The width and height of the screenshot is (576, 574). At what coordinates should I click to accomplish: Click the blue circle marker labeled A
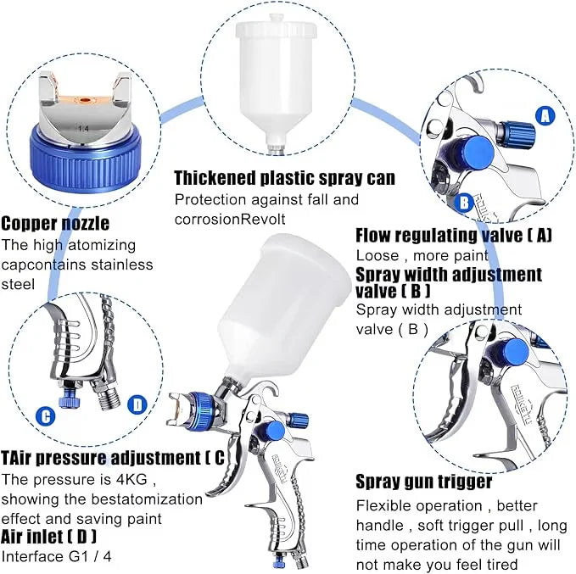pyautogui.click(x=545, y=114)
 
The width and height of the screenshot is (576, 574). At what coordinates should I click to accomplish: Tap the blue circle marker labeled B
pyautogui.click(x=464, y=203)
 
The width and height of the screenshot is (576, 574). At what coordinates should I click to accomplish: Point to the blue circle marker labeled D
pyautogui.click(x=139, y=405)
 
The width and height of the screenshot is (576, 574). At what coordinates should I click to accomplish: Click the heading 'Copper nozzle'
pyautogui.click(x=54, y=224)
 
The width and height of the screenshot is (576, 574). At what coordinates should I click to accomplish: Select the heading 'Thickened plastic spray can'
pyautogui.click(x=284, y=178)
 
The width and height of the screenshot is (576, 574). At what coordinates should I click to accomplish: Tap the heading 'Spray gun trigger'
pyautogui.click(x=423, y=482)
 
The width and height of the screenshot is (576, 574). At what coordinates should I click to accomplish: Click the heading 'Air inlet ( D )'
pyautogui.click(x=48, y=537)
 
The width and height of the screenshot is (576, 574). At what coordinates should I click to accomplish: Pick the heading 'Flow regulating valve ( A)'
pyautogui.click(x=453, y=235)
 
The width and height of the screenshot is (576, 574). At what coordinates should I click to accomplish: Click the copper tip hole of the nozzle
pyautogui.click(x=84, y=99)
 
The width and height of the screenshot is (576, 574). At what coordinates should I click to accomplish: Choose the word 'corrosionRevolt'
pyautogui.click(x=227, y=218)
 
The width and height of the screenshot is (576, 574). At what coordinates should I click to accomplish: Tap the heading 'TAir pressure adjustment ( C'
pyautogui.click(x=113, y=458)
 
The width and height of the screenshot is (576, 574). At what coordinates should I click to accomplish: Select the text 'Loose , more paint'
pyautogui.click(x=422, y=255)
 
